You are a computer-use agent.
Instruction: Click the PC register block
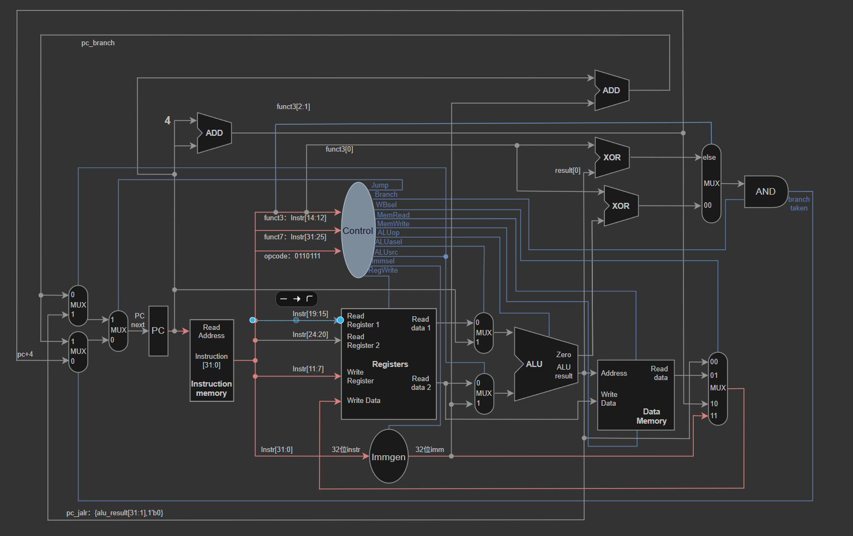[158, 331]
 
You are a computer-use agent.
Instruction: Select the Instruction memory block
[212, 360]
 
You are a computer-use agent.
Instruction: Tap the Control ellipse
[358, 230]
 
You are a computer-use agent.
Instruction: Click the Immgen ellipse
[389, 456]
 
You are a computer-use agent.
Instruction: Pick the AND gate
[766, 191]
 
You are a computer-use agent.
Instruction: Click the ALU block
[546, 364]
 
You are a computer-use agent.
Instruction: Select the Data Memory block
[636, 395]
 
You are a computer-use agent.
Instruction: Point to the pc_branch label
[98, 43]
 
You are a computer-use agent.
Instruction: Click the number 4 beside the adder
[167, 121]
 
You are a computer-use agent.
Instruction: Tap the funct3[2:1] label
[293, 106]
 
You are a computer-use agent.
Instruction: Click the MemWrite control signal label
[393, 224]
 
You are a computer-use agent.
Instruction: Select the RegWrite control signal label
[383, 270]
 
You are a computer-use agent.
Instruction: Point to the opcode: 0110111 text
[292, 256]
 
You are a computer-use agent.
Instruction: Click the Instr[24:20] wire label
[310, 335]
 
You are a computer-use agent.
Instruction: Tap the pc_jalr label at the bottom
[115, 513]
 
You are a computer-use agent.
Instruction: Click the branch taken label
[799, 204]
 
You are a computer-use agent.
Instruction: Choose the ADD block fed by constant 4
[214, 133]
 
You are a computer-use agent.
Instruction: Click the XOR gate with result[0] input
[612, 158]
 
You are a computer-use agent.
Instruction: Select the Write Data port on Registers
[364, 400]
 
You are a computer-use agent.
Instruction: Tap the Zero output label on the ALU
[563, 355]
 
